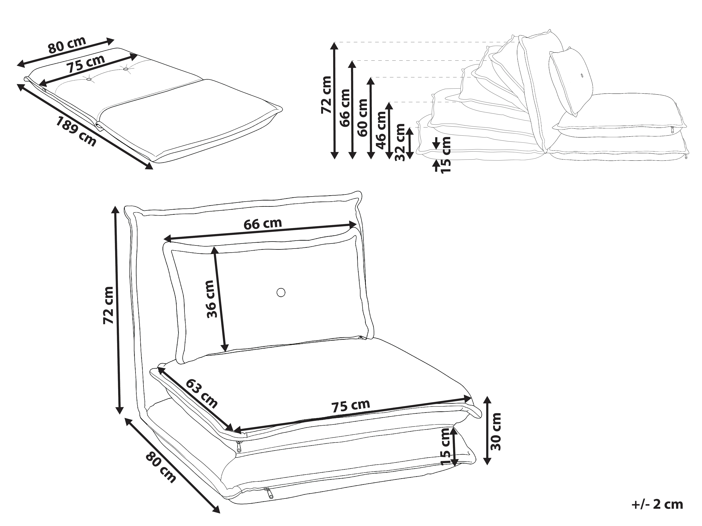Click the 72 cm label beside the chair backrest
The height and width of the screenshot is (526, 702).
(x=108, y=305)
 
